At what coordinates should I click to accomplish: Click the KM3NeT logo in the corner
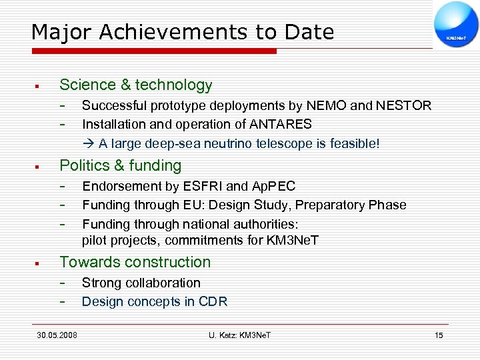click(456, 25)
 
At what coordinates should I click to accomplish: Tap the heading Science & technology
click(136, 85)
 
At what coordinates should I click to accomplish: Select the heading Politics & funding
click(121, 165)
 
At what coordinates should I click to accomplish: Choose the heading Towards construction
click(135, 262)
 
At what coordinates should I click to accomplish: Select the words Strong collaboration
click(141, 283)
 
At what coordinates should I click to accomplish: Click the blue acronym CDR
click(213, 301)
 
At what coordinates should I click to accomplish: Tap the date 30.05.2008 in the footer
click(57, 335)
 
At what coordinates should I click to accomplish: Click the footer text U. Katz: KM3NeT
click(239, 335)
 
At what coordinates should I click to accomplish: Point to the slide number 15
click(439, 335)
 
